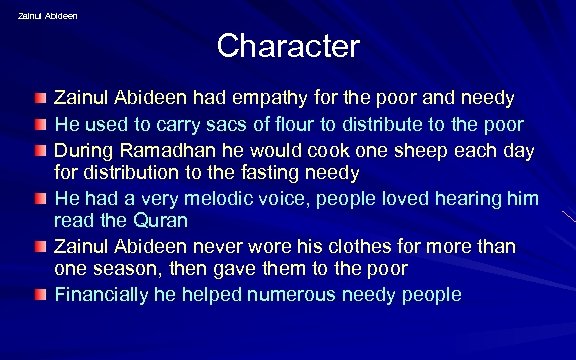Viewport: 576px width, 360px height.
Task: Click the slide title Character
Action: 287,46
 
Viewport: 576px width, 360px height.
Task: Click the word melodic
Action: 207,198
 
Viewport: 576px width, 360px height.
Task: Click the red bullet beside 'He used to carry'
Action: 37,125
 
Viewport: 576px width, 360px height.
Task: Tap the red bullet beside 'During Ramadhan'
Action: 37,150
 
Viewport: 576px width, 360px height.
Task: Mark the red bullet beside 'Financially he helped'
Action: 37,294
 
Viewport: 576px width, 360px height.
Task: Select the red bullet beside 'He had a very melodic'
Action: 37,198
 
